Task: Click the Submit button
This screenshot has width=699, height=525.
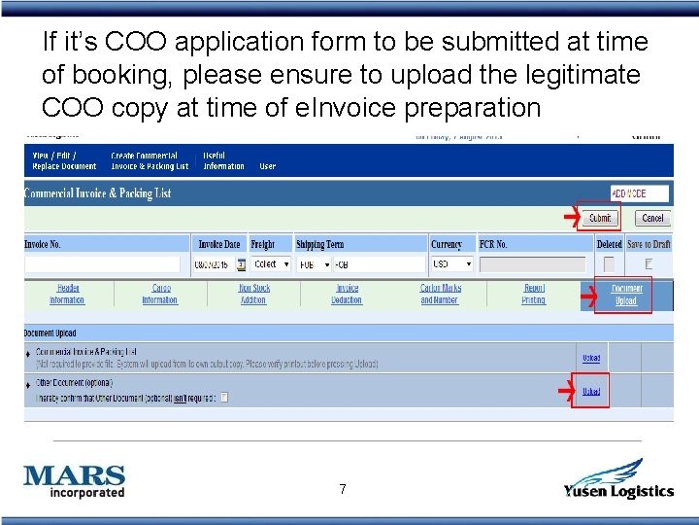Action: coord(600,218)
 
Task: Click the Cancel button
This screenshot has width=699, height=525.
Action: coord(652,218)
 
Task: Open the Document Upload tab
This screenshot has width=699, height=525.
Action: coord(626,295)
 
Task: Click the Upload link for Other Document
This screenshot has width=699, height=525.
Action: coord(590,392)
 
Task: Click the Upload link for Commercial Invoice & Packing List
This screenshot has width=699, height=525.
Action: coord(590,358)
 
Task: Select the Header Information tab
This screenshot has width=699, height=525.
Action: coord(67,295)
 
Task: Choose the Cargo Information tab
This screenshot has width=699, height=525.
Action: coord(160,295)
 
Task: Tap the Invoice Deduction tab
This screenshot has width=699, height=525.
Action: coord(347,295)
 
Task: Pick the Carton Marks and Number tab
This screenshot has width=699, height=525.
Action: coord(440,295)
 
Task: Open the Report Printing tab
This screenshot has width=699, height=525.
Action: coord(534,295)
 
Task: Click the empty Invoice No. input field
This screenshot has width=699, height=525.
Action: coord(102,264)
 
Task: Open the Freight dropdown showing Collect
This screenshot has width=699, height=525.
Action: coord(271,264)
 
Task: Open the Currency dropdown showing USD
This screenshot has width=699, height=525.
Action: coord(452,264)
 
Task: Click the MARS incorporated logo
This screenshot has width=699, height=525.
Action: coord(75,481)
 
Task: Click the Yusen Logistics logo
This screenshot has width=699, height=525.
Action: coord(618,479)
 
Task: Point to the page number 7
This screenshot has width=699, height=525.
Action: coord(343,489)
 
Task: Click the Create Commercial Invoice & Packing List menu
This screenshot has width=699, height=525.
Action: coord(150,160)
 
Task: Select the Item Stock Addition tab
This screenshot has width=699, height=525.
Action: coord(253,295)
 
